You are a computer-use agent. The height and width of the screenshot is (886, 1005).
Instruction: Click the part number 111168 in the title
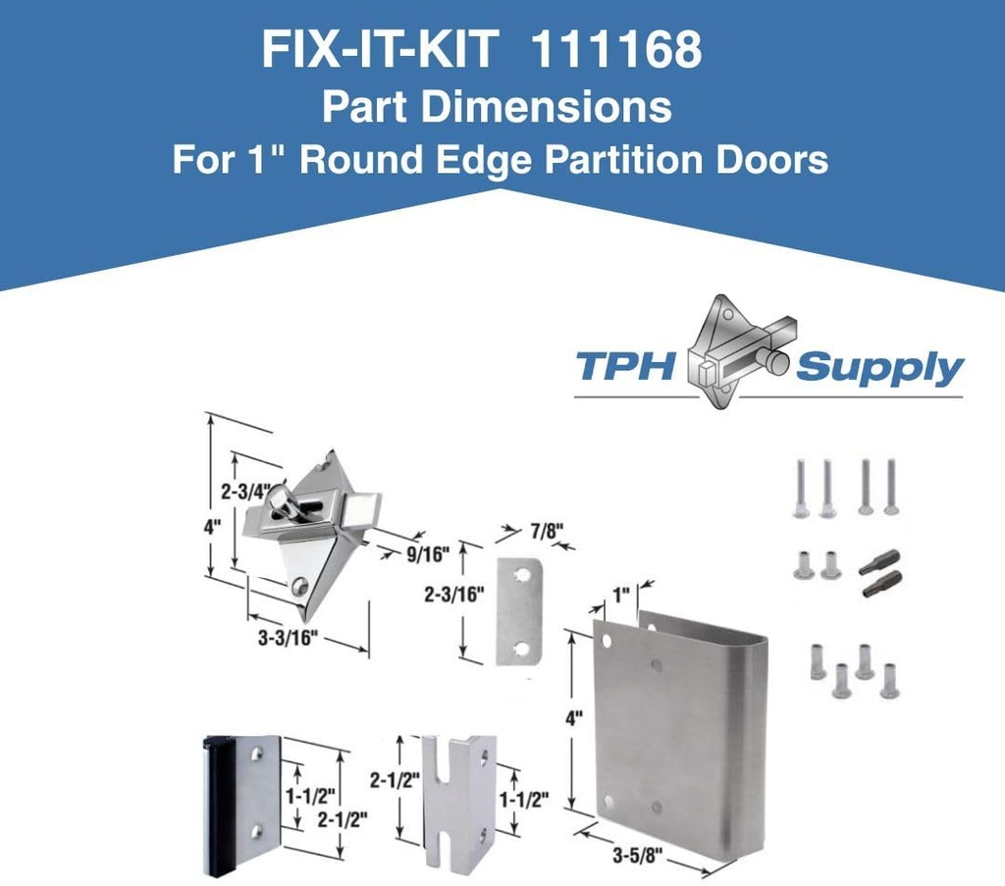click(615, 51)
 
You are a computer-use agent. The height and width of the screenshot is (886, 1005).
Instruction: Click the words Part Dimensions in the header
click(497, 107)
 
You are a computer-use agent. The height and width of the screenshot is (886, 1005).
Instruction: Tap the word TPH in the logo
click(626, 367)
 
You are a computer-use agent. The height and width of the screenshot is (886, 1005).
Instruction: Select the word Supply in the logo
click(879, 369)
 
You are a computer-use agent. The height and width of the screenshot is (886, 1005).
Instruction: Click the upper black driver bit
click(879, 562)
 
